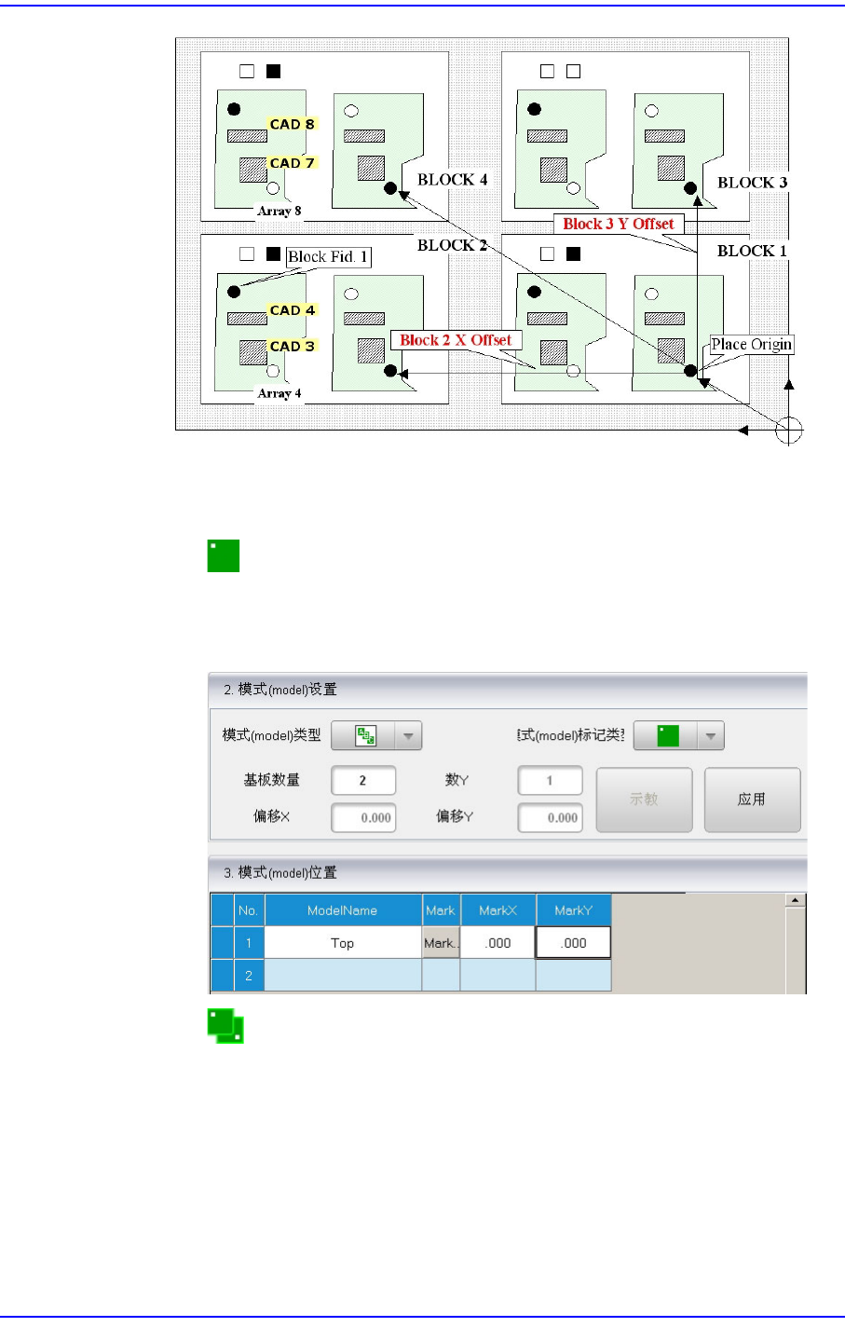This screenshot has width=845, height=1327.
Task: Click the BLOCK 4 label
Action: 452,179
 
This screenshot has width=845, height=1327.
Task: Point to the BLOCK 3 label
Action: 752,182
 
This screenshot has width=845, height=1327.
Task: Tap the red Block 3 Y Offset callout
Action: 619,224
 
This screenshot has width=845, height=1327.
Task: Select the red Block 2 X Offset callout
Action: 456,340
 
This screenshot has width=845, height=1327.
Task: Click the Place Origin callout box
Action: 751,345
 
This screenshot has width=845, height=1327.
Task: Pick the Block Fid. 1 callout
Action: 327,257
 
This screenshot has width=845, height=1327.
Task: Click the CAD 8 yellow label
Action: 292,124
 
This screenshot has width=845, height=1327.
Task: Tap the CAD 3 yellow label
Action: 292,346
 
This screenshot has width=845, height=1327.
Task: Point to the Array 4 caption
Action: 279,393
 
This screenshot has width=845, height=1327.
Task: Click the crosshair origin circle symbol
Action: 788,430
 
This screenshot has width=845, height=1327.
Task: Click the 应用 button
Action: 751,800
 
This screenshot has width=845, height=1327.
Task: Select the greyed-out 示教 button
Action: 644,800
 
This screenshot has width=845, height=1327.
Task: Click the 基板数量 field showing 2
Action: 362,781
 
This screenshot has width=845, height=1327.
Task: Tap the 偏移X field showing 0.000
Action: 363,817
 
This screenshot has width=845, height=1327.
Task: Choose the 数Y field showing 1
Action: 550,781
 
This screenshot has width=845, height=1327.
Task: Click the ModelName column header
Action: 342,910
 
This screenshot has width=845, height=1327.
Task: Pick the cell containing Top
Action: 342,943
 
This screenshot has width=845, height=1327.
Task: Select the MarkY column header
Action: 573,910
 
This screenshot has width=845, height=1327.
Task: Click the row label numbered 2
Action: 248,976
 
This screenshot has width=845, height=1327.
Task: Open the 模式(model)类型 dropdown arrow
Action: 408,736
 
